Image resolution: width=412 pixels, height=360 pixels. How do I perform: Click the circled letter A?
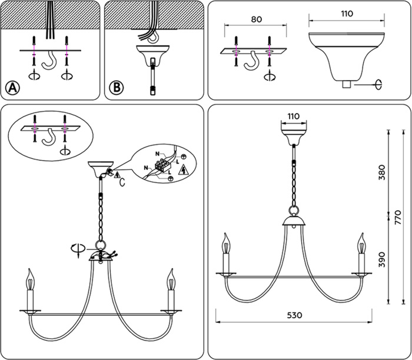[12, 88]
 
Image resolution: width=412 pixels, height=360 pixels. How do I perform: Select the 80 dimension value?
[257, 19]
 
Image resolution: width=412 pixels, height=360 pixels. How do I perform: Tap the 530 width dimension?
[294, 315]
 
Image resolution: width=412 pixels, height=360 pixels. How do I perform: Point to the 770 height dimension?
[398, 217]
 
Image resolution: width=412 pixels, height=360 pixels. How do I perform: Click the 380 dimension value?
[382, 172]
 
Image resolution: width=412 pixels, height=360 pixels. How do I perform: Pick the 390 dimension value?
[382, 259]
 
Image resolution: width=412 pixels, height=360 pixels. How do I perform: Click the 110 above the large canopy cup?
[347, 14]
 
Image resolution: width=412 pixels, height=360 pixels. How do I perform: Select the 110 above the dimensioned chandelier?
[294, 116]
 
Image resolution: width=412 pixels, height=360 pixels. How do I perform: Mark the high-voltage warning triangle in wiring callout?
[184, 171]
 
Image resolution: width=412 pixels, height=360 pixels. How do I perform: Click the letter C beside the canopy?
[122, 182]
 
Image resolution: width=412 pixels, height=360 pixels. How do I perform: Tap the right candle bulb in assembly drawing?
[171, 279]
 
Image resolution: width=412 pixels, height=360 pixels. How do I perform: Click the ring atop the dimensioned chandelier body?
[294, 211]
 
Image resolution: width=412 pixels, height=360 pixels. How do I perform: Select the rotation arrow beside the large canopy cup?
[378, 85]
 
